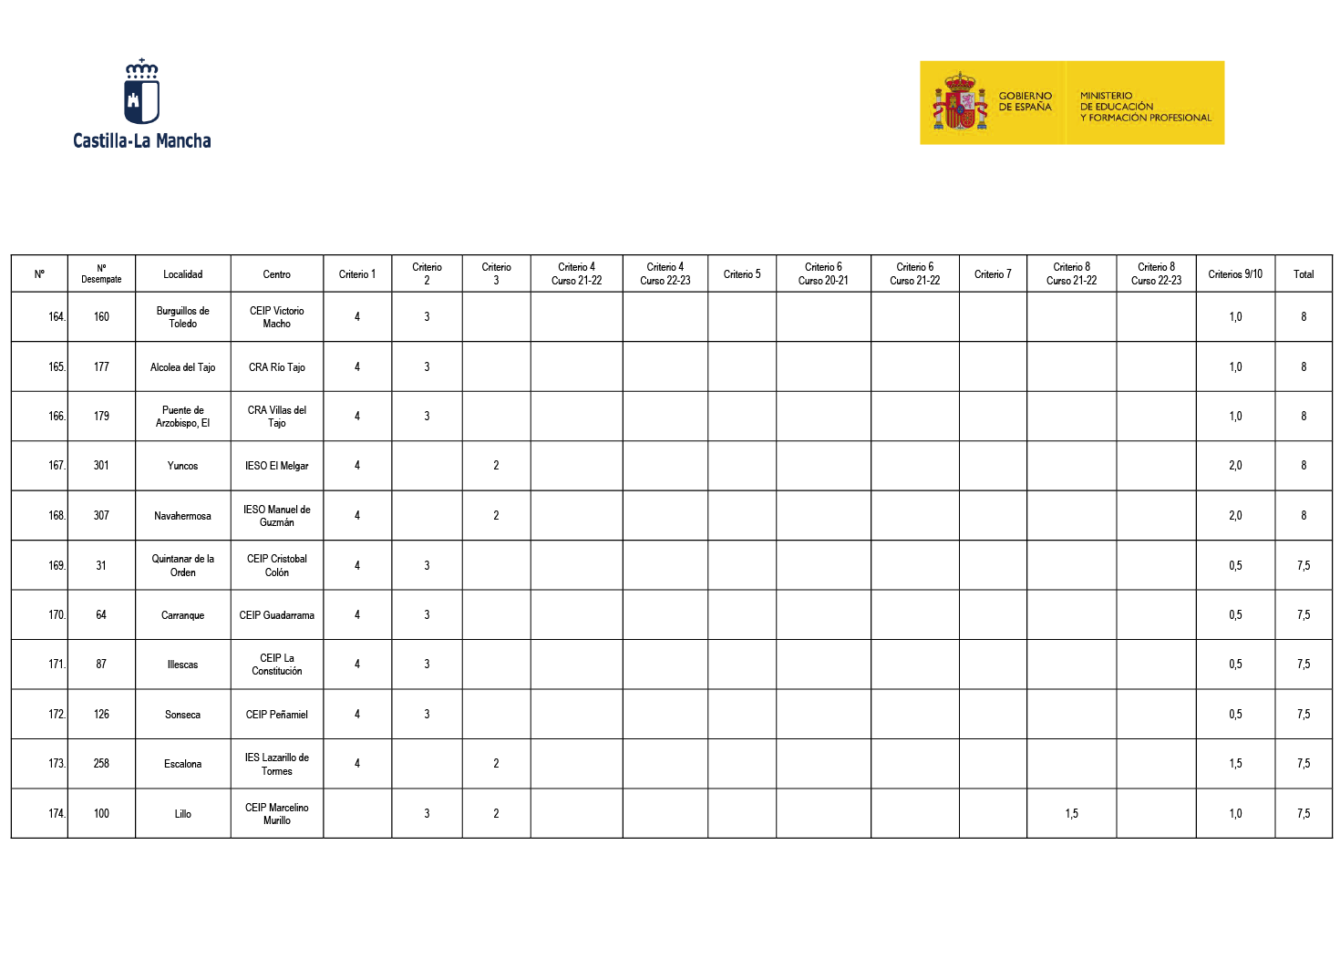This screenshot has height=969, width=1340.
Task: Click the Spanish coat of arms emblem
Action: [x=960, y=103]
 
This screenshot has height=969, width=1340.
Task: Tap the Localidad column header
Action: [x=182, y=274]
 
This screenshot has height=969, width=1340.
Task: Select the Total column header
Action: [x=1303, y=274]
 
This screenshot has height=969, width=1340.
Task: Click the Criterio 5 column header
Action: [x=741, y=274]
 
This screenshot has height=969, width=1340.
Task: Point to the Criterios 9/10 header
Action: [x=1235, y=274]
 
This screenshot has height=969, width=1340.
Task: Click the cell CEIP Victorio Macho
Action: [x=276, y=317]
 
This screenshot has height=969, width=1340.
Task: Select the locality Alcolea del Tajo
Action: [x=182, y=367]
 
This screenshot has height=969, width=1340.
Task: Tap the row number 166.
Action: [x=57, y=417]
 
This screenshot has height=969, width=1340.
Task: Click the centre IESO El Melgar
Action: [x=276, y=466]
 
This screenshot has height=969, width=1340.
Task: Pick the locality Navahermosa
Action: [x=182, y=516]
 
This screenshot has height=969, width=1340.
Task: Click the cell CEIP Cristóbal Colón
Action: [x=276, y=565]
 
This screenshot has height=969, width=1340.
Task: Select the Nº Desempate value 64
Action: [x=101, y=615]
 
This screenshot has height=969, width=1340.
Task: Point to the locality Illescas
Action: [x=182, y=665]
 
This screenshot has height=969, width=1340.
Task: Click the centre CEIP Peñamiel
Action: [x=276, y=715]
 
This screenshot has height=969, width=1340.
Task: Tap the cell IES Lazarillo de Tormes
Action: [x=276, y=764]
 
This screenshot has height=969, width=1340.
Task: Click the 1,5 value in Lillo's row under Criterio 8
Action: [x=1071, y=814]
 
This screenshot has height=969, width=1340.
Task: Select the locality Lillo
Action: [x=182, y=814]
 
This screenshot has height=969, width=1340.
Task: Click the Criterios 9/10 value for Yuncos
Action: [x=1235, y=466]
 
